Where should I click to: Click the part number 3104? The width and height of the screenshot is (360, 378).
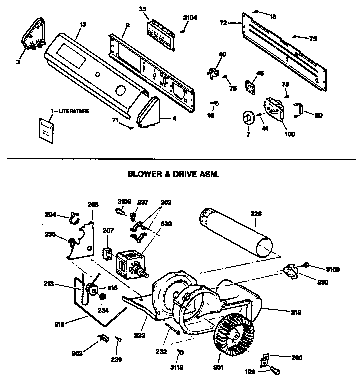[190, 17]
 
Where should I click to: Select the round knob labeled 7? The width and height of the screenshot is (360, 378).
[247, 118]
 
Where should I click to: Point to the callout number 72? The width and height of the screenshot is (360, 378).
[224, 23]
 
